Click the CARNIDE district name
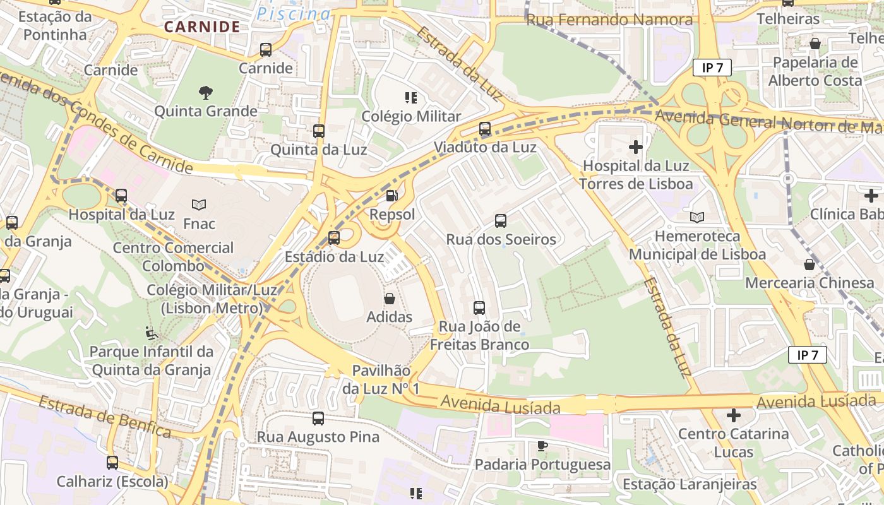(x=202, y=27)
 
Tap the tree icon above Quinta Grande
(x=205, y=93)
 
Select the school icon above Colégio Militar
(x=411, y=98)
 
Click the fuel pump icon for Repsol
(x=392, y=196)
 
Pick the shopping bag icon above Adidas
(x=390, y=299)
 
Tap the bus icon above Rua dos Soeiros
(x=501, y=221)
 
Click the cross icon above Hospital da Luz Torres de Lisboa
(x=636, y=148)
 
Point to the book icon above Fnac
(x=199, y=205)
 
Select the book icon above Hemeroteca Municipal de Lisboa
(x=697, y=218)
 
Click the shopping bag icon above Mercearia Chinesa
(x=809, y=264)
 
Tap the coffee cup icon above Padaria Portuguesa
(x=542, y=446)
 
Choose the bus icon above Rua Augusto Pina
(x=318, y=419)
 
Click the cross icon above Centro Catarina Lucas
(x=733, y=416)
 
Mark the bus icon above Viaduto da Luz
(x=485, y=129)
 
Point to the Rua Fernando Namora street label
(x=609, y=20)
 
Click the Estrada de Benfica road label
(x=105, y=417)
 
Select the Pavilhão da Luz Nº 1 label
(x=381, y=380)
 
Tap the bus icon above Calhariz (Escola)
(x=112, y=463)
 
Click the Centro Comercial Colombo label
(x=173, y=256)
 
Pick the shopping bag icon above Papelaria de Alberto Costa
(x=815, y=44)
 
